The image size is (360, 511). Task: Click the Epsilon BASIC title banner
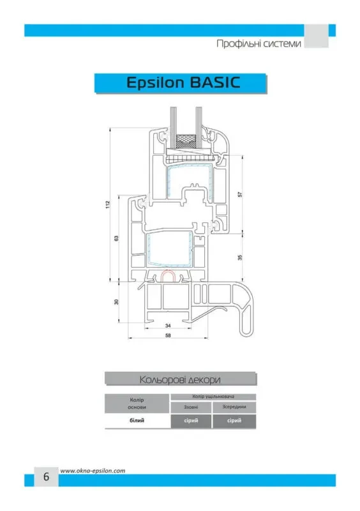point(181,84)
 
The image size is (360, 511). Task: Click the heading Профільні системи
point(259,43)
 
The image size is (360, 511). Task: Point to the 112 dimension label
point(108,204)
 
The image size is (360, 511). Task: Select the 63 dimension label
point(117,238)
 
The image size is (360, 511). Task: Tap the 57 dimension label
point(240,194)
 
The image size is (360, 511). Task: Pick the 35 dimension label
point(240,257)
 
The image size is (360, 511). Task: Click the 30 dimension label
point(117,301)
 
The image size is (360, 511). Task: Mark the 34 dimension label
point(168,326)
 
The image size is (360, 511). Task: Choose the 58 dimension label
point(168,335)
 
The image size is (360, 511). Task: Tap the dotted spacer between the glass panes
point(186,141)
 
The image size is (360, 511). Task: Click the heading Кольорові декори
point(180,379)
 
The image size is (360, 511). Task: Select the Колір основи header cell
point(137,404)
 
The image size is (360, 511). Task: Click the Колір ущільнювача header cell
point(213,397)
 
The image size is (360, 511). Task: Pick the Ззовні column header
point(191,408)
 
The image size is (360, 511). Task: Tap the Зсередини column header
point(234,408)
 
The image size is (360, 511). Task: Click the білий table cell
point(137,421)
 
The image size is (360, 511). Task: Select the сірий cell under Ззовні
point(191,421)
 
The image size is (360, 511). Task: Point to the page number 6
point(46,476)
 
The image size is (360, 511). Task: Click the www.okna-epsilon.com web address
point(93,471)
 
